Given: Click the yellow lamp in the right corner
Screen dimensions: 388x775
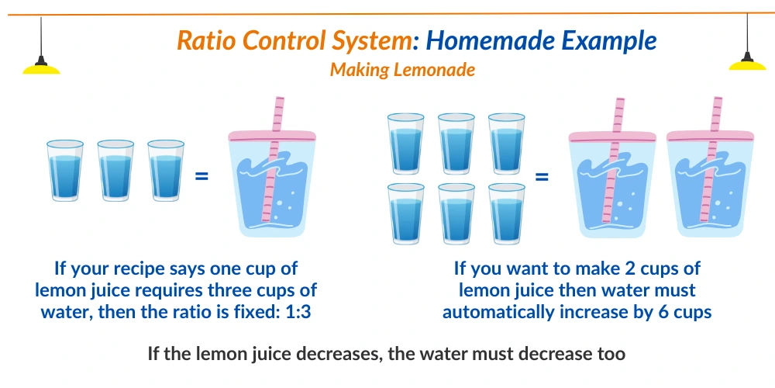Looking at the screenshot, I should (748, 64).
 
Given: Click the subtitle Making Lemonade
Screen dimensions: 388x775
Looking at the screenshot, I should (402, 69).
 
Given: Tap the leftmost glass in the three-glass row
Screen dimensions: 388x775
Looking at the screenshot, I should (64, 171).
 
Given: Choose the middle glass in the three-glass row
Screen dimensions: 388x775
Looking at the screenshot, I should (115, 171).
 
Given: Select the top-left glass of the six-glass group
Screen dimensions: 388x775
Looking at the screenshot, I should (405, 143).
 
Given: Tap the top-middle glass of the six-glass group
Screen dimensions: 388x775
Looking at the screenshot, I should (456, 143).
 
